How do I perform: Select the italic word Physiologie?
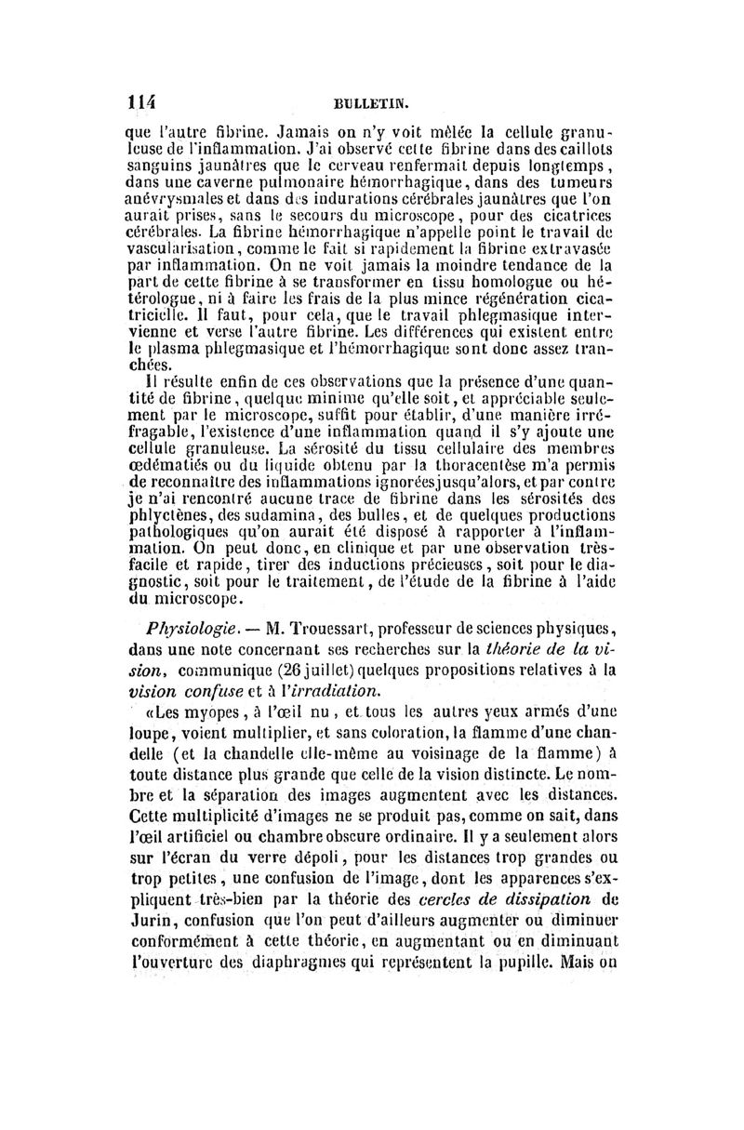point(182,622)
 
